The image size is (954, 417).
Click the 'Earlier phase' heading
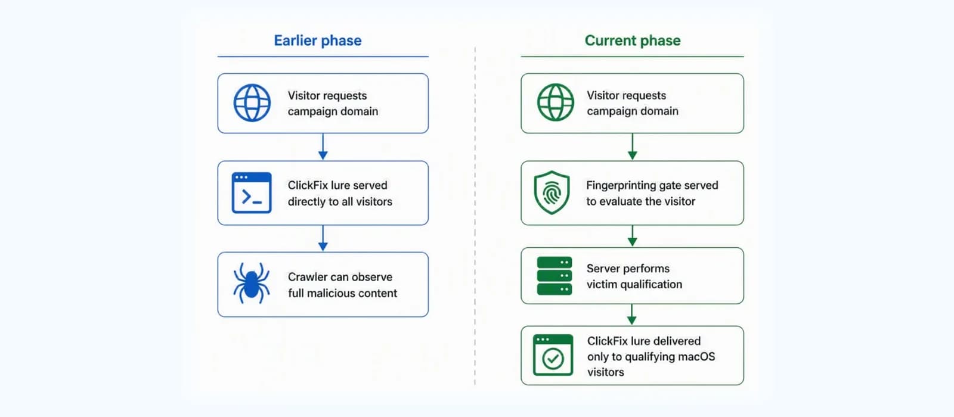pyautogui.click(x=318, y=41)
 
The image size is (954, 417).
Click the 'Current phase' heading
pyautogui.click(x=633, y=41)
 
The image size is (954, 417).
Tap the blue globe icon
pyautogui.click(x=252, y=103)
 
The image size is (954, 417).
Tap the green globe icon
pyautogui.click(x=555, y=102)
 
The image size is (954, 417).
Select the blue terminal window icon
pyautogui.click(x=252, y=192)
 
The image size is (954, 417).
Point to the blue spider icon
pyautogui.click(x=251, y=284)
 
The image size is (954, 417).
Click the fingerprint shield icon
pyautogui.click(x=552, y=192)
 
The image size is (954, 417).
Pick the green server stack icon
pyautogui.click(x=555, y=276)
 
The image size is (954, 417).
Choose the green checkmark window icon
pyautogui.click(x=553, y=355)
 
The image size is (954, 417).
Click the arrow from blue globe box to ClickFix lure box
pyautogui.click(x=323, y=147)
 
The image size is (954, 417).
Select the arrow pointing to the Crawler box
pyautogui.click(x=323, y=238)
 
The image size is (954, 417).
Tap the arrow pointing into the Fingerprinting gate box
pyautogui.click(x=633, y=147)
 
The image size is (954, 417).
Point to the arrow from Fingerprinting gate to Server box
pyautogui.click(x=633, y=236)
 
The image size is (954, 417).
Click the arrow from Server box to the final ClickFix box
pyautogui.click(x=632, y=315)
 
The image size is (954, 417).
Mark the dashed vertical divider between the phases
pyautogui.click(x=475, y=216)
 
